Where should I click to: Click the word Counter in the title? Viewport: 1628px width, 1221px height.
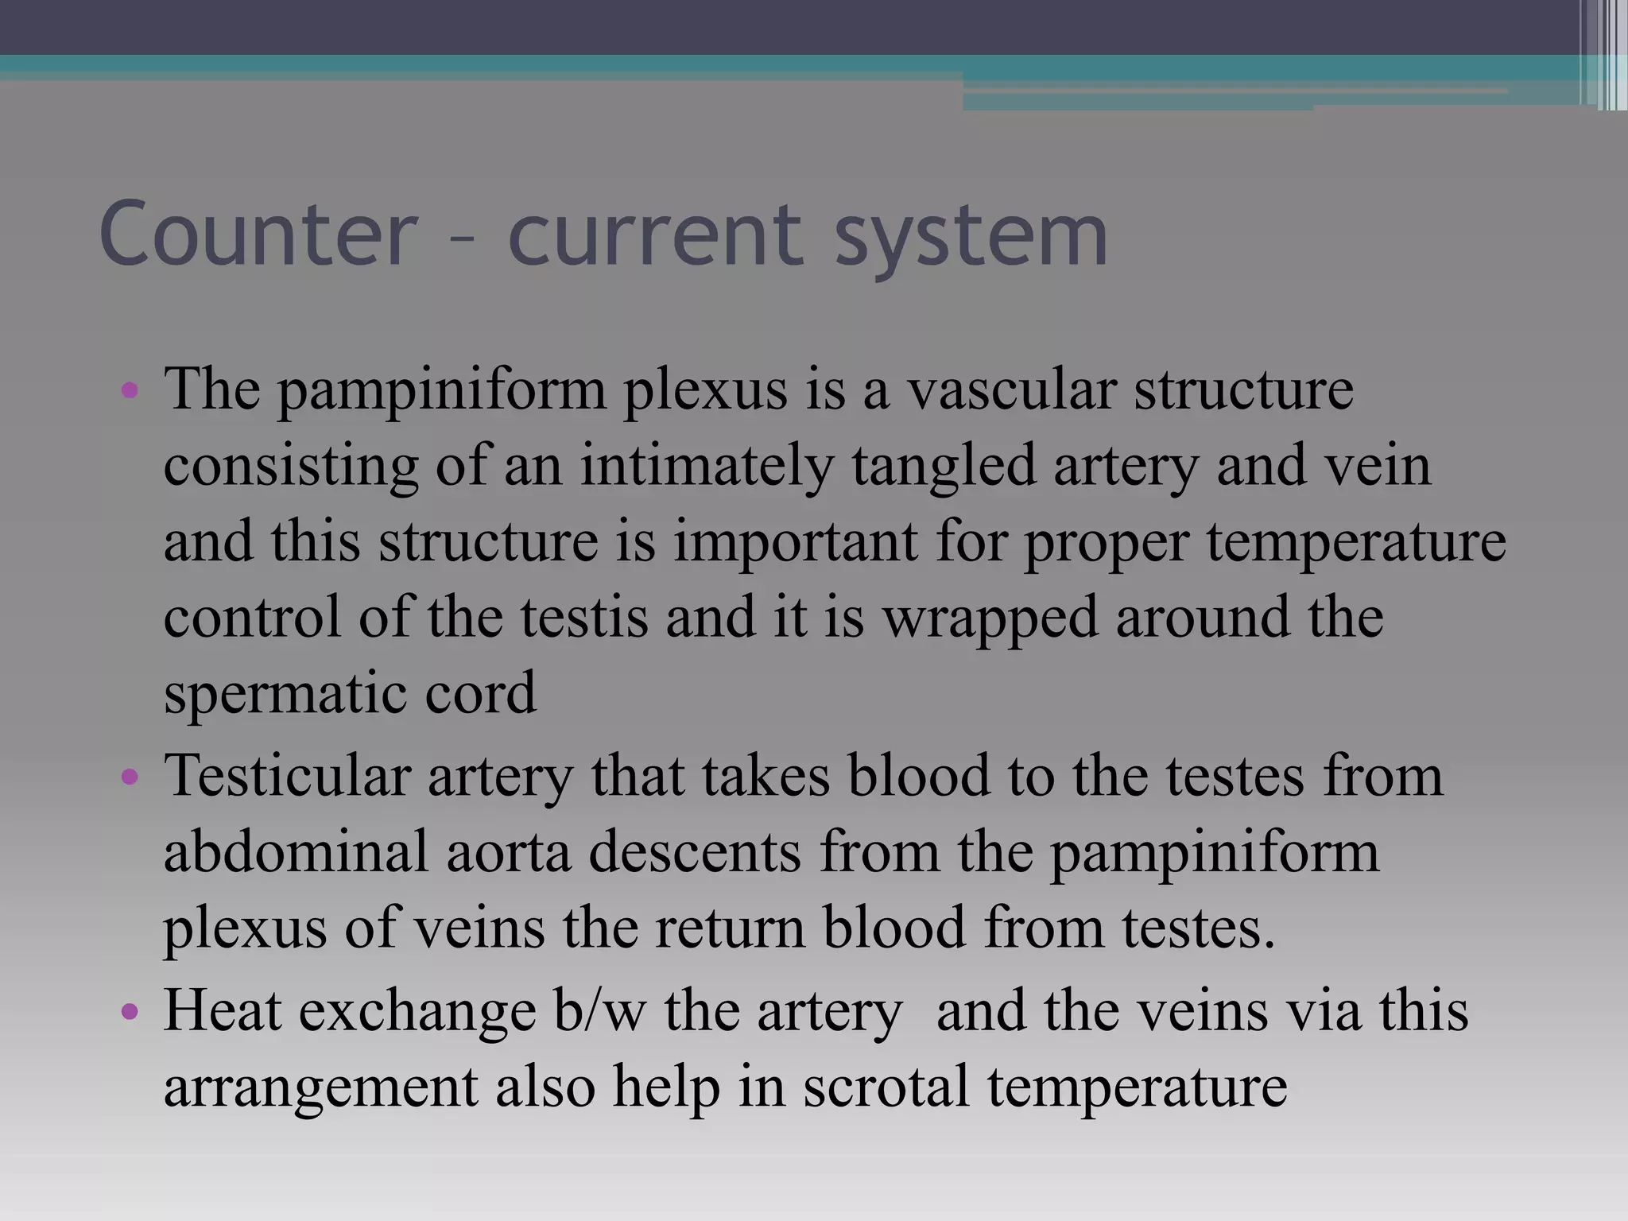[259, 234]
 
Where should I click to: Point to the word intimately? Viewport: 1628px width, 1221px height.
[707, 466]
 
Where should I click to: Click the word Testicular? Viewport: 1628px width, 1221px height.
[287, 774]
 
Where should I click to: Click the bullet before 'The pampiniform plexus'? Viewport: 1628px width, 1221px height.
[130, 391]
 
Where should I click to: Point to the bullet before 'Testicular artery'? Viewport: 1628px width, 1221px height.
[130, 776]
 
